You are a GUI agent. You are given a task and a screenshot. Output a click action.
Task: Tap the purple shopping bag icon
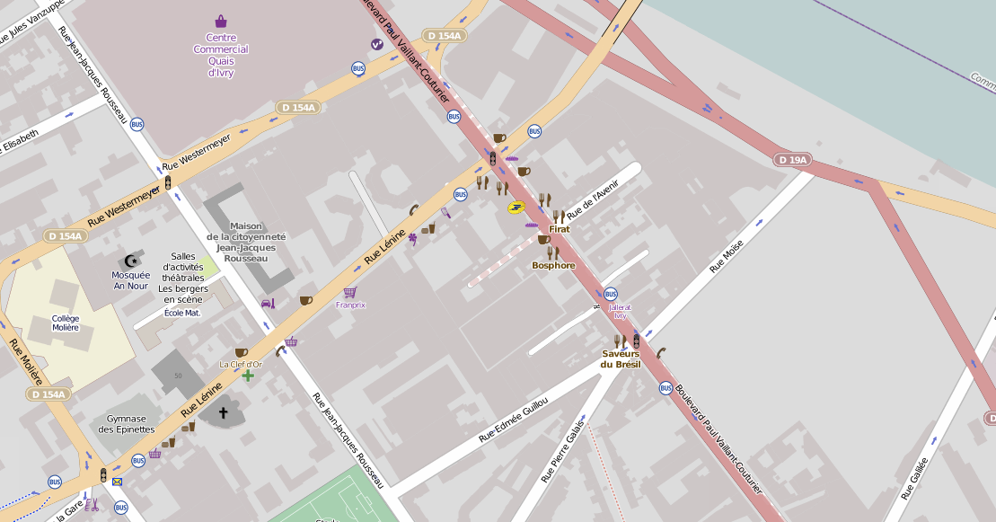coord(221,22)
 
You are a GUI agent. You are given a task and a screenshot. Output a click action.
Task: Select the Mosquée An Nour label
coord(130,280)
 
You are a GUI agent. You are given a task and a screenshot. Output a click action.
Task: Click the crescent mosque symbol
coord(131,261)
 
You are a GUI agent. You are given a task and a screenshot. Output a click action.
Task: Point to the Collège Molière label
coord(66,323)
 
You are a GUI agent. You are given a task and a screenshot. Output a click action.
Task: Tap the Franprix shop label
coord(350,305)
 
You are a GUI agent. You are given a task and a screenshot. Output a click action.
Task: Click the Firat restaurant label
coord(560,229)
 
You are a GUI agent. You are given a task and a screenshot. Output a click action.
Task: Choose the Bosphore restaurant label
coord(553,265)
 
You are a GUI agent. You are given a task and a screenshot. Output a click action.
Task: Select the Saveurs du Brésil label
coord(621,358)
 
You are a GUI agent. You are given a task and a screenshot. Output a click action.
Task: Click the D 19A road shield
coord(792,160)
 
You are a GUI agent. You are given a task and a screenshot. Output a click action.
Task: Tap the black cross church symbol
coord(223,413)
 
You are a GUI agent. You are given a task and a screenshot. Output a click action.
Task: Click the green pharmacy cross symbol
coord(248,375)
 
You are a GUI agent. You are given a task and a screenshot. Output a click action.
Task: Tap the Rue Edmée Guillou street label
coord(513,420)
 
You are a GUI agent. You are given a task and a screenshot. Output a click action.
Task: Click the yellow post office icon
coord(516,208)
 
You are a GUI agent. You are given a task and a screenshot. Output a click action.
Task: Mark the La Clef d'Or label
coord(241,364)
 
